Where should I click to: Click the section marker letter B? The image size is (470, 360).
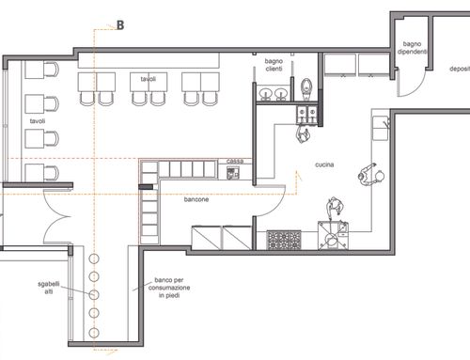[120, 25]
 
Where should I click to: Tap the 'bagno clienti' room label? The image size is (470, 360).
[274, 65]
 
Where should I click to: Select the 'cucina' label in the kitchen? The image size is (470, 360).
[324, 164]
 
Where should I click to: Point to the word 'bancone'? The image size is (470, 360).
[196, 199]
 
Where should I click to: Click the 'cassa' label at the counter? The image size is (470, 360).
[235, 161]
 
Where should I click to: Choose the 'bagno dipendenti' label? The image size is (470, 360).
[412, 48]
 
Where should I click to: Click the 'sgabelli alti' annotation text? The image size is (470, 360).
[49, 288]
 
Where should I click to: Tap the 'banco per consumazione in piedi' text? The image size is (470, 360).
[169, 288]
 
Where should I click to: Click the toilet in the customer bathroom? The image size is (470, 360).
[305, 88]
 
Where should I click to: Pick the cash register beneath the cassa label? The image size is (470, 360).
[233, 173]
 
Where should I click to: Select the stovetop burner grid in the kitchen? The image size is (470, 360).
[284, 240]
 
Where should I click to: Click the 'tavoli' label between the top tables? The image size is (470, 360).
[149, 79]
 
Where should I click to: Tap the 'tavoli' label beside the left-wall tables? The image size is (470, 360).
[38, 121]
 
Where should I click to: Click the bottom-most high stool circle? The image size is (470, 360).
[94, 333]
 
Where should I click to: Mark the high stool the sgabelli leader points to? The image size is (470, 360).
[94, 294]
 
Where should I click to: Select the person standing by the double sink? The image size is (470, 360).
[303, 134]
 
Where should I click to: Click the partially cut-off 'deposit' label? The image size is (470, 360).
[460, 69]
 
